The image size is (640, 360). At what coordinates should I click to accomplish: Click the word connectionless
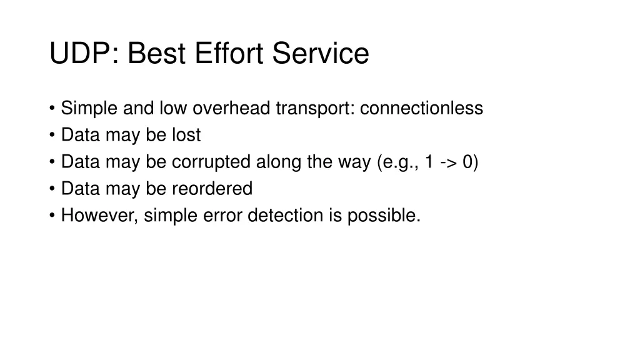click(422, 108)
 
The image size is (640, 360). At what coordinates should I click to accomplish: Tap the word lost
click(186, 135)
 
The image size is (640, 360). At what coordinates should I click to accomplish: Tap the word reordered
click(212, 189)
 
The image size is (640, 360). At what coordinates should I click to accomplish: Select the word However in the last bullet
click(100, 216)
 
